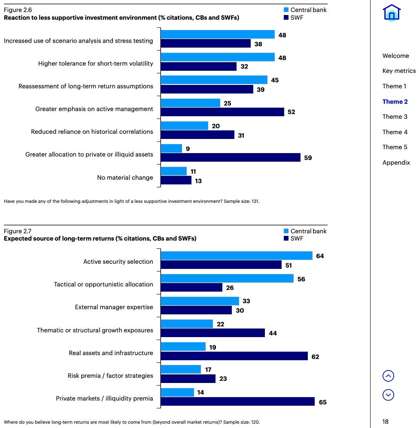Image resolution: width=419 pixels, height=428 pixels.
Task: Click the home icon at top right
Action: (392, 12)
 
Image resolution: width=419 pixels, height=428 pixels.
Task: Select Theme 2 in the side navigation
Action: (395, 102)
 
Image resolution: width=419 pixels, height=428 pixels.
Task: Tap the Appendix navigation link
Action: (396, 163)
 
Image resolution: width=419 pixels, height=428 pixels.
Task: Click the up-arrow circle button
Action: (388, 376)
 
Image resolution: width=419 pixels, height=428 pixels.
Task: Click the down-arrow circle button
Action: (388, 395)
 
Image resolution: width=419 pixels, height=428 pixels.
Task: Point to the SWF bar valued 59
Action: (231, 157)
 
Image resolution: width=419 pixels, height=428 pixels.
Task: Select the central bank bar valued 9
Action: (171, 148)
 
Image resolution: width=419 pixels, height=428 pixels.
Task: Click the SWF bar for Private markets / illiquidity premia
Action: (238, 401)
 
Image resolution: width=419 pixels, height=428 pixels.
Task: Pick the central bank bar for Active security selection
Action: (237, 256)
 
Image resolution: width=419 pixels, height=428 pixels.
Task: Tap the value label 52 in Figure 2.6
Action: (291, 112)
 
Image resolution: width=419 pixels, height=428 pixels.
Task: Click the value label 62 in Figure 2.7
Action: (315, 357)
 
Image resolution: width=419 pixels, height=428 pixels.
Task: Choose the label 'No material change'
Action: (125, 178)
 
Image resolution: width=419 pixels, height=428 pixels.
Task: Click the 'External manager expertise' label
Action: (114, 307)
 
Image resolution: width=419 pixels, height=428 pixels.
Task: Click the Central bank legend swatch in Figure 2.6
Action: (286, 10)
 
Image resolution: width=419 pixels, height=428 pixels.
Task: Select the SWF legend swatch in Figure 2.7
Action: (286, 238)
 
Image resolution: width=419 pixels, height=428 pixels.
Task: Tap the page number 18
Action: (386, 422)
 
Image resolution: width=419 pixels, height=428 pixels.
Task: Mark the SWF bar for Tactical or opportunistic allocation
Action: (191, 287)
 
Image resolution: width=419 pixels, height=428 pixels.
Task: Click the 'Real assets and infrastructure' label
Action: (111, 353)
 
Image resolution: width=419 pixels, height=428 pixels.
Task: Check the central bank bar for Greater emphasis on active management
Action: (191, 103)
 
